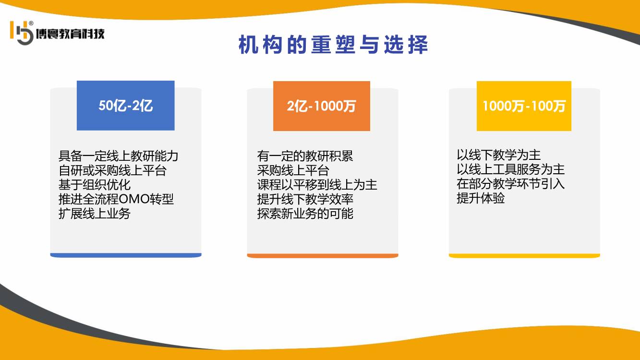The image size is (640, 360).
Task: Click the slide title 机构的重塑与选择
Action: click(x=333, y=45)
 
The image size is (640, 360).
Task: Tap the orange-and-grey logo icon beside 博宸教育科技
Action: click(x=22, y=33)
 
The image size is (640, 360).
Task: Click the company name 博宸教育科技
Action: click(x=70, y=34)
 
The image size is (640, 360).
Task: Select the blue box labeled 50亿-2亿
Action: click(x=126, y=106)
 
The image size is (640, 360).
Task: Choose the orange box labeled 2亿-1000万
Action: click(x=322, y=106)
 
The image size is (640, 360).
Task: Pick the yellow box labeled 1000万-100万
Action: click(x=524, y=106)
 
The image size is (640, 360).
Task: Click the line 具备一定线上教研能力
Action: click(x=118, y=156)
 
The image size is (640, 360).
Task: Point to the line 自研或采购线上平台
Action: click(x=112, y=170)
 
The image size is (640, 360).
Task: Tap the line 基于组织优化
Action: click(x=95, y=185)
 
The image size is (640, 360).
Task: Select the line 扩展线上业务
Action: click(x=95, y=214)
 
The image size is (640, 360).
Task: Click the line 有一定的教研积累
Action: click(x=305, y=156)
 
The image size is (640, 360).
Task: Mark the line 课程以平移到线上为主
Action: click(x=317, y=185)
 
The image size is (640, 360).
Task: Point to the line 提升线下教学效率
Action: click(x=305, y=199)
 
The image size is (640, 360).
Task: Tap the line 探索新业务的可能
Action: click(x=305, y=214)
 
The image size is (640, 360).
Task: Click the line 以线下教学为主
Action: click(x=498, y=155)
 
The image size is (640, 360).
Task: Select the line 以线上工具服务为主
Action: click(x=510, y=169)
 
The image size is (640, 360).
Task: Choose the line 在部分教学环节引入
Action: click(x=510, y=184)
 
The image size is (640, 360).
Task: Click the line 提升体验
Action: click(x=481, y=198)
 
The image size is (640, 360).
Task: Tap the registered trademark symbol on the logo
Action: click(x=31, y=23)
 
